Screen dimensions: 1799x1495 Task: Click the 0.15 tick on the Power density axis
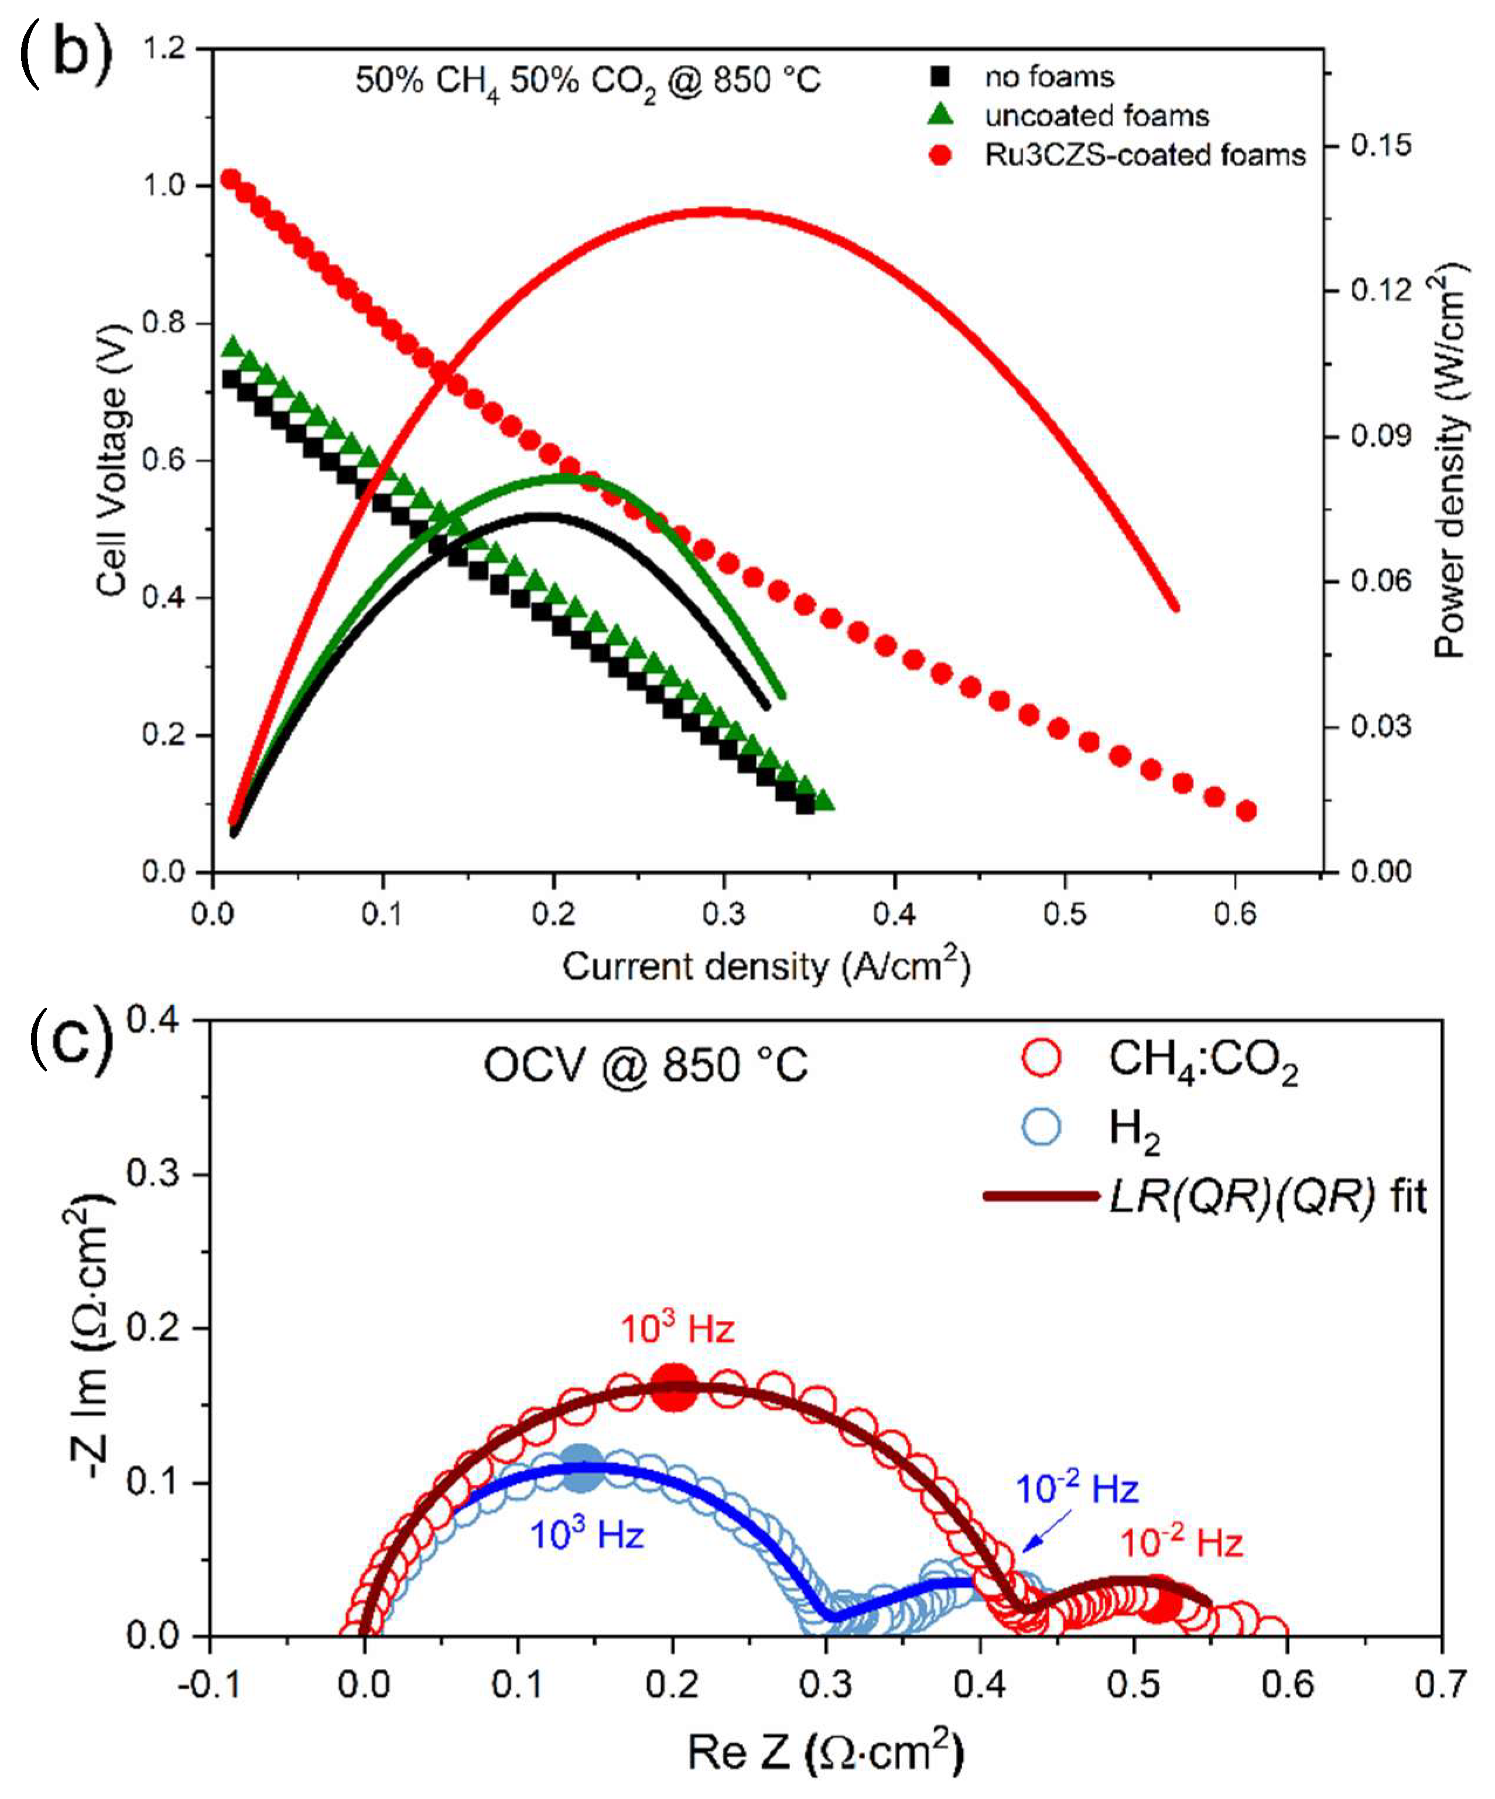(1380, 145)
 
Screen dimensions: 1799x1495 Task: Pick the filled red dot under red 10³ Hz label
(675, 1389)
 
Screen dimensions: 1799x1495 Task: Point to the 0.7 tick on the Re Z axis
(1441, 1685)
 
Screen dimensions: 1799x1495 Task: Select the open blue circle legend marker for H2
(1041, 1127)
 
